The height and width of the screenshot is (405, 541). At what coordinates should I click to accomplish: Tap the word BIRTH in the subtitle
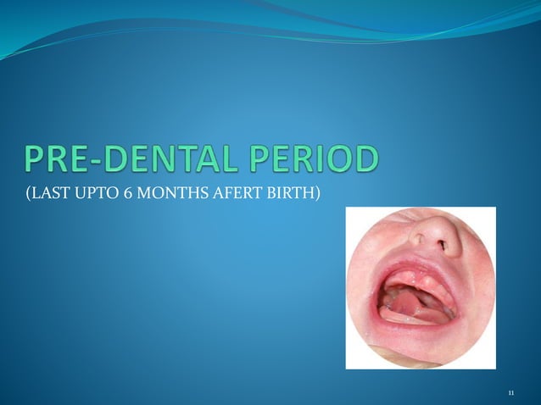[288, 198]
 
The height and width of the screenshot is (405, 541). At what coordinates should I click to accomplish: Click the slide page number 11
[510, 393]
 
